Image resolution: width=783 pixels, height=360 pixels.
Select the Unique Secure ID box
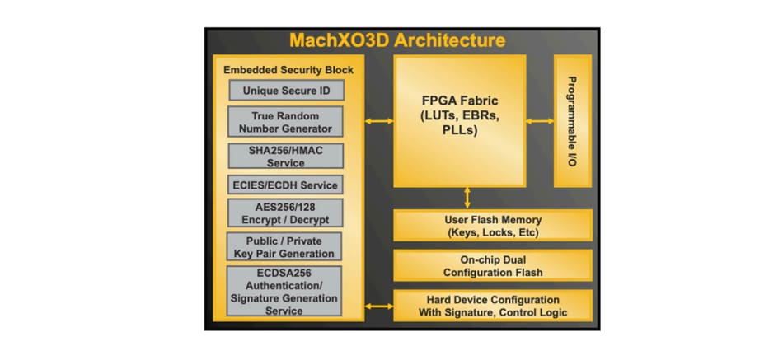(284, 90)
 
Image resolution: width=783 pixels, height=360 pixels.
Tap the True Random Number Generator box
(284, 122)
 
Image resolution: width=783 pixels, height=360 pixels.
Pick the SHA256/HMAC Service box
(284, 156)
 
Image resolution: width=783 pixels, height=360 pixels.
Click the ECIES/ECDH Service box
(284, 185)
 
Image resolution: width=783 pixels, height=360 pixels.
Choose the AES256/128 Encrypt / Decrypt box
(284, 213)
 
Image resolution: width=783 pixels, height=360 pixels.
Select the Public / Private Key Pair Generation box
(284, 246)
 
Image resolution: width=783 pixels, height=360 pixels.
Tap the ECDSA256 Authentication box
(284, 291)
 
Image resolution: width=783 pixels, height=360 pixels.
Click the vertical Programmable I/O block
(572, 120)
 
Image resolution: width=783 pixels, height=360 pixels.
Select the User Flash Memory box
(492, 226)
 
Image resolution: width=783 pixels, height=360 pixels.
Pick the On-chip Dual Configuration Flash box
(492, 265)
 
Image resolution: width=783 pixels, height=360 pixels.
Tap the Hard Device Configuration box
(492, 305)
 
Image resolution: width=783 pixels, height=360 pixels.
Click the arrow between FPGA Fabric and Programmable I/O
(540, 121)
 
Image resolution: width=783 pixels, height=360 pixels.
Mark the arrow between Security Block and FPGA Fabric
(379, 121)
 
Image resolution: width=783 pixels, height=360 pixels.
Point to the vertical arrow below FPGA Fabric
(467, 198)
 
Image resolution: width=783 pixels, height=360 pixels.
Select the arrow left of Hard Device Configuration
(379, 306)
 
